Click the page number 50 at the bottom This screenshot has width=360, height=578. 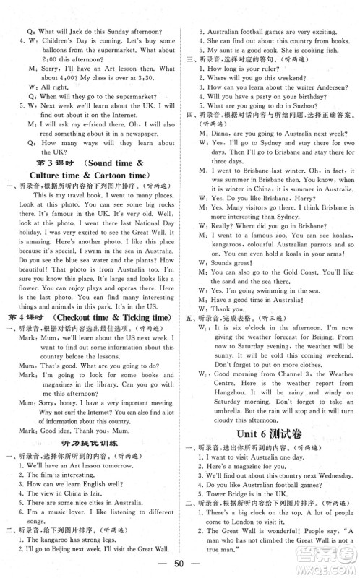point(181,565)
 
